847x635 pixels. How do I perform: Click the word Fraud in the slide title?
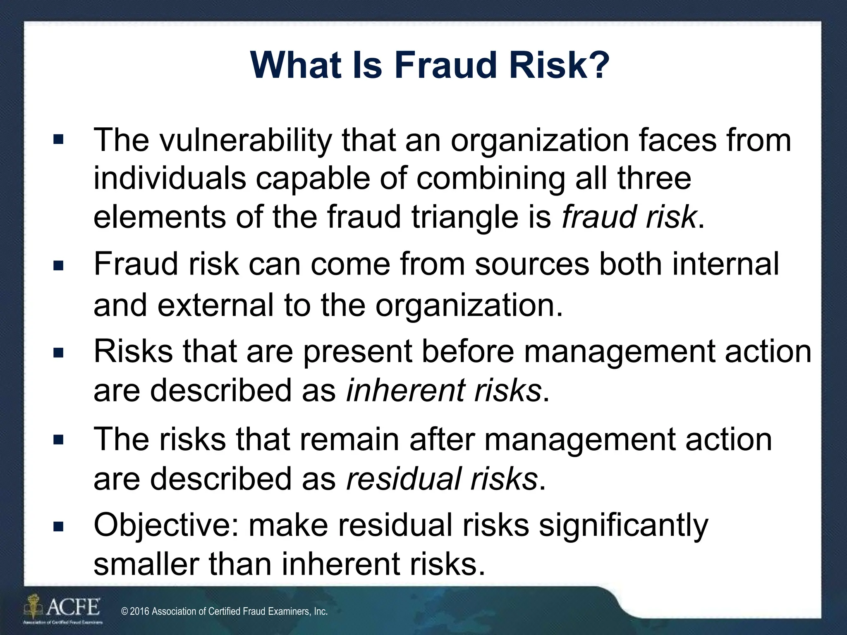pos(445,65)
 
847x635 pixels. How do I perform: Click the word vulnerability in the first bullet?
pos(246,141)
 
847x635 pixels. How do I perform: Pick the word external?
pos(215,305)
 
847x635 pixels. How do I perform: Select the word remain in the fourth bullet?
pos(349,439)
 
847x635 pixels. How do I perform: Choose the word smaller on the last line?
pos(146,564)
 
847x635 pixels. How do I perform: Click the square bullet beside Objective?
pos(58,527)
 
